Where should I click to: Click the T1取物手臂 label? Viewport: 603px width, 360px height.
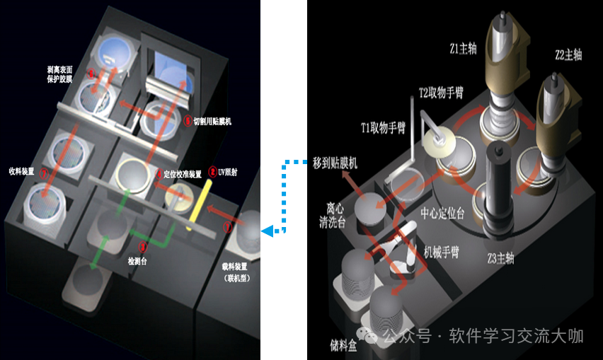383,127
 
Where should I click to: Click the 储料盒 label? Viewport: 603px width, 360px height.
343,346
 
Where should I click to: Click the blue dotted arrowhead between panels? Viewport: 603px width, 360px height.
266,231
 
